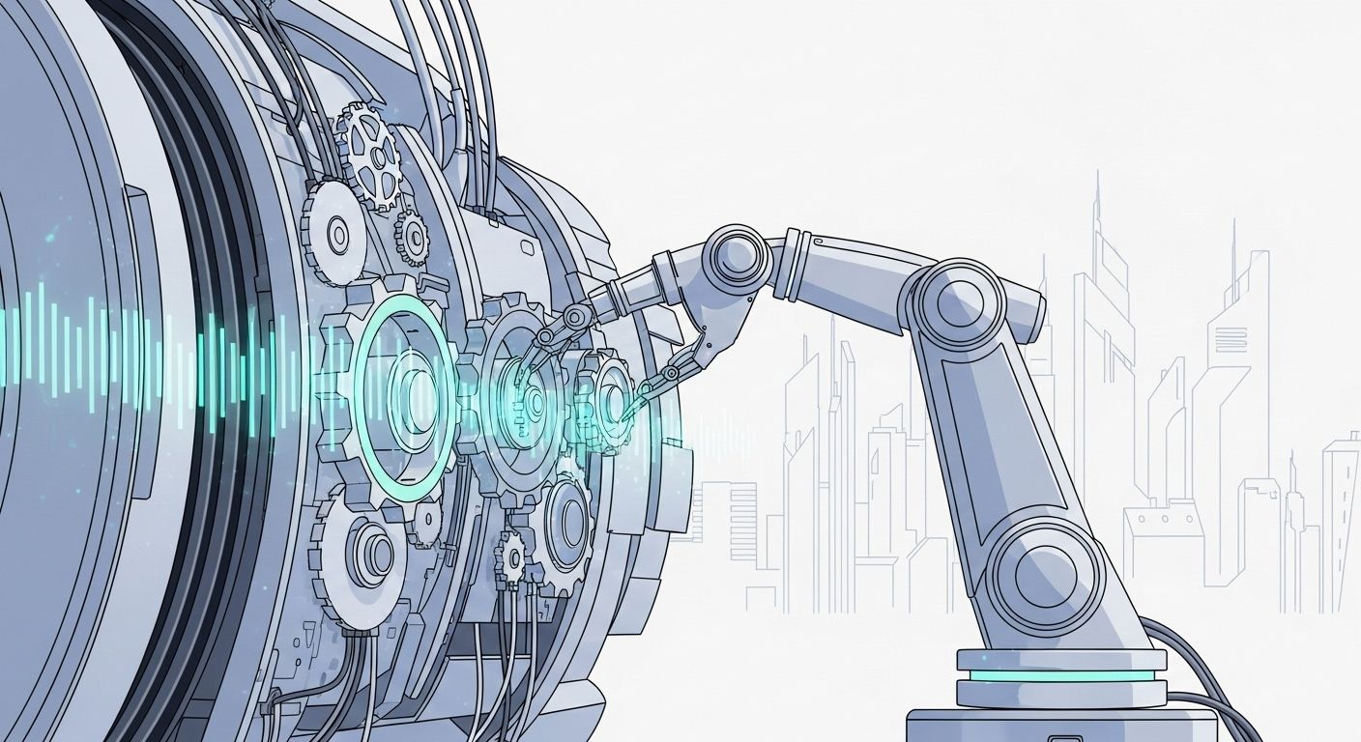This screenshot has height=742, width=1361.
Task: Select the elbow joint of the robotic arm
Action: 951,300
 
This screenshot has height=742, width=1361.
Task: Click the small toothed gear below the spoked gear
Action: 410,236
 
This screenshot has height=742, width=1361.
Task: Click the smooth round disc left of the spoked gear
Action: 334,232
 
